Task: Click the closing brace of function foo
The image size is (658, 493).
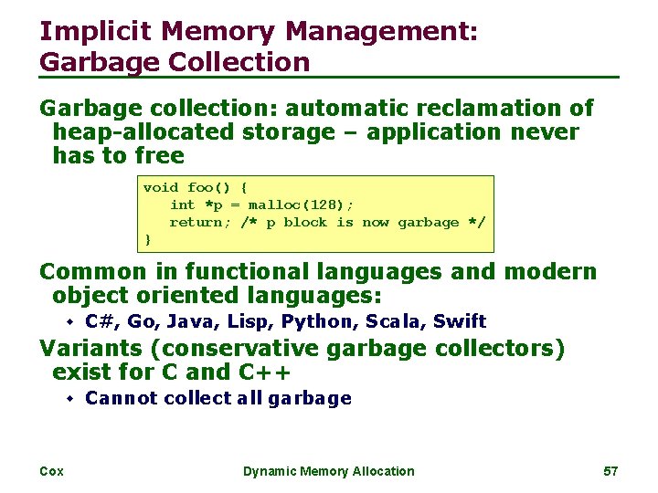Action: (x=148, y=239)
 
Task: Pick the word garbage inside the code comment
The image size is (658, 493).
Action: (x=428, y=222)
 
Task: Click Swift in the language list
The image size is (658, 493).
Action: (x=460, y=321)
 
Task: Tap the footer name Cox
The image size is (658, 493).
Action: (x=51, y=471)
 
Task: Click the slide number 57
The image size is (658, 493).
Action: (x=611, y=471)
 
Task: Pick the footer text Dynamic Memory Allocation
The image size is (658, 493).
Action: (x=328, y=471)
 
